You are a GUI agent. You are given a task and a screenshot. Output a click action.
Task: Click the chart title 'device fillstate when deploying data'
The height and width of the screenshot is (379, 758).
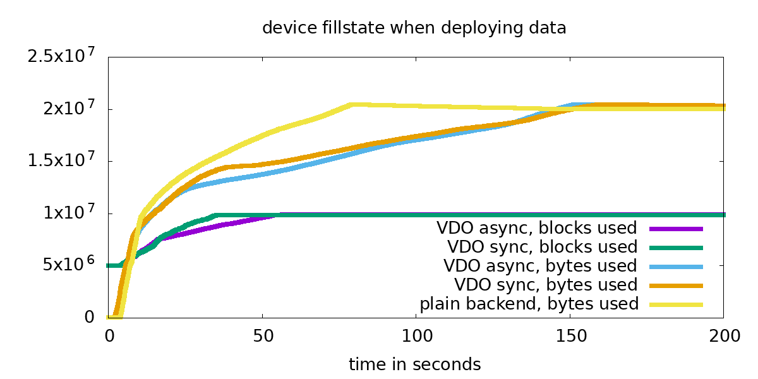coord(414,28)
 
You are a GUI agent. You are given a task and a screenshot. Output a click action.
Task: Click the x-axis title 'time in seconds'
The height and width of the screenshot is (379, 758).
coord(414,364)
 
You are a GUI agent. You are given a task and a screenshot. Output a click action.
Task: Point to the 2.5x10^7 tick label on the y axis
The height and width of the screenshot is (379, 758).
coord(61,56)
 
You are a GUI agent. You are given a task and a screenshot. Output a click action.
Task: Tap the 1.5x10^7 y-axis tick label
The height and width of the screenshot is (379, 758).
coord(61,160)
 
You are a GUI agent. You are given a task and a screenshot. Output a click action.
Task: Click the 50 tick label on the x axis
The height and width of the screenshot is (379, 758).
coord(262,336)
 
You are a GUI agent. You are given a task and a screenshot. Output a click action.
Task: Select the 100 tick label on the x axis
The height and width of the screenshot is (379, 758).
coord(416,336)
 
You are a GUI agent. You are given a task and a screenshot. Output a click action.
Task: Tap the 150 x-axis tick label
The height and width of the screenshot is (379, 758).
coord(570,336)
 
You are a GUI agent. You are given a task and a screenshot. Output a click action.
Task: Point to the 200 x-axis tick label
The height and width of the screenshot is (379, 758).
coord(724,336)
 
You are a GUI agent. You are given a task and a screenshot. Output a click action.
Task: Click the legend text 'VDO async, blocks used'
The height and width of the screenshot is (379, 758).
coord(536,228)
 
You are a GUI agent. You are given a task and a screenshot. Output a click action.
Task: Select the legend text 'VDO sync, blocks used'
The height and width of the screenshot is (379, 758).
coord(542,247)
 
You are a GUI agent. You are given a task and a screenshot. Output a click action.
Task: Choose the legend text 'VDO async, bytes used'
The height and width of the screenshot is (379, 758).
coord(540,266)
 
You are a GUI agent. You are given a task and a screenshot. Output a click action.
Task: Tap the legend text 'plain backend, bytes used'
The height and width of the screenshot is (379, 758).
coord(529,304)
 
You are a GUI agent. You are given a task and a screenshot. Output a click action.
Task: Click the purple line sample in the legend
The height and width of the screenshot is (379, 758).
coord(676,229)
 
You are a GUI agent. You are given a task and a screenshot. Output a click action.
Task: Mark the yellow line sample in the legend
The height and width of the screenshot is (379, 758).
coord(676,304)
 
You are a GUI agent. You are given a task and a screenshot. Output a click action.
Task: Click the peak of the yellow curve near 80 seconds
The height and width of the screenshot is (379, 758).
coord(352,105)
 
